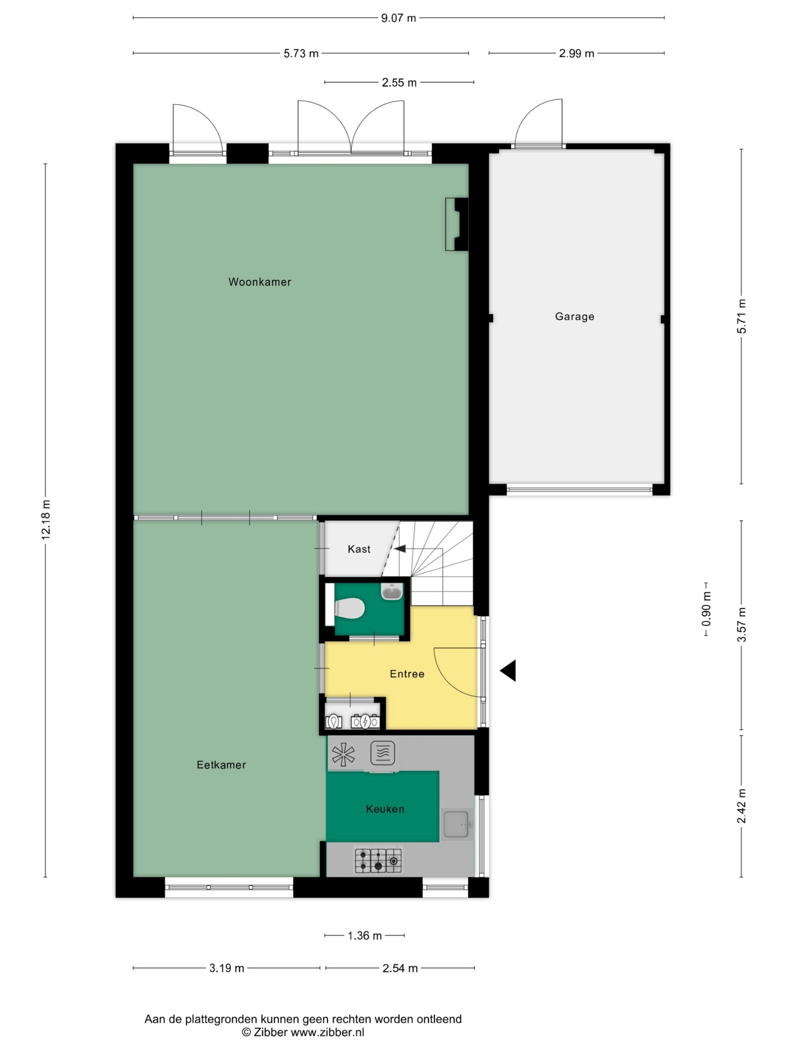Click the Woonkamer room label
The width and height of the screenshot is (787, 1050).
pyautogui.click(x=259, y=282)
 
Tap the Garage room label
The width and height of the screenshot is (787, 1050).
pyautogui.click(x=575, y=317)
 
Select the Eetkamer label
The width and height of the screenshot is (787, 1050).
pyautogui.click(x=221, y=765)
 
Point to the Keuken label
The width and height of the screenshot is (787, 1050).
pyautogui.click(x=385, y=809)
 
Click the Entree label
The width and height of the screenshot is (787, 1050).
pyautogui.click(x=407, y=673)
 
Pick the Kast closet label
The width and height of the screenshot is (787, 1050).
pyautogui.click(x=359, y=549)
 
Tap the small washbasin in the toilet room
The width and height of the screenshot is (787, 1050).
pyautogui.click(x=392, y=591)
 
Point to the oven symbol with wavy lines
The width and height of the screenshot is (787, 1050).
pyautogui.click(x=382, y=753)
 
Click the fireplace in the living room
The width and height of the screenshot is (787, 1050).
pyautogui.click(x=456, y=224)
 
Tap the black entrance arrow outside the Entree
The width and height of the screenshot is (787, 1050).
pyautogui.click(x=507, y=671)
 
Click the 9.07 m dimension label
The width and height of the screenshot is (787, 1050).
pyautogui.click(x=398, y=18)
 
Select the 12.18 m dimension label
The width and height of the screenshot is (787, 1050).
pyautogui.click(x=45, y=520)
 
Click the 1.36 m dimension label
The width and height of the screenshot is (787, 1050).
pyautogui.click(x=364, y=935)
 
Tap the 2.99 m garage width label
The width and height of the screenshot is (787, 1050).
pyautogui.click(x=576, y=53)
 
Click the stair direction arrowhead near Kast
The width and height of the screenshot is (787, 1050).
pyautogui.click(x=400, y=549)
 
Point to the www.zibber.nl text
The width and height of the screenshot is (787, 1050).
pyautogui.click(x=328, y=1032)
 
